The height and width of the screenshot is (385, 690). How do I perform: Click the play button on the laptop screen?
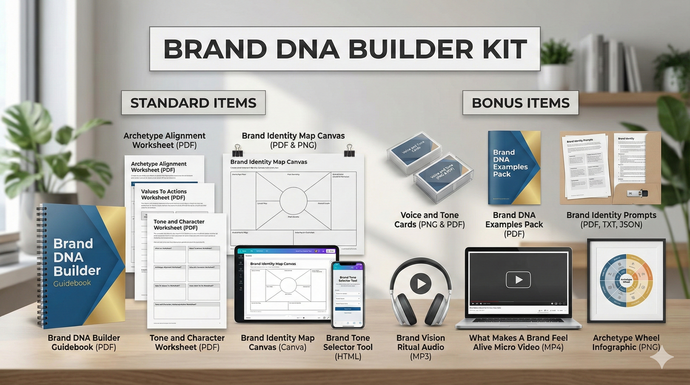click(x=518, y=280)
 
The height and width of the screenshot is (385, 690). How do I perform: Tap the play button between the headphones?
click(x=420, y=283)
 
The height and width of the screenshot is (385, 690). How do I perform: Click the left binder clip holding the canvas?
click(x=237, y=150)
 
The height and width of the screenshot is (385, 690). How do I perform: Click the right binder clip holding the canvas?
click(x=349, y=150)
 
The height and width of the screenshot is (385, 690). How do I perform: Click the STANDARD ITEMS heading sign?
click(x=193, y=103)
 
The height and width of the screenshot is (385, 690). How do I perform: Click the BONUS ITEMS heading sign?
click(x=520, y=103)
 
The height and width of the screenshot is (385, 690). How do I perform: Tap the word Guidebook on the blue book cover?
click(x=72, y=283)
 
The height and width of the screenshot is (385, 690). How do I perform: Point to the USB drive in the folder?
click(x=638, y=193)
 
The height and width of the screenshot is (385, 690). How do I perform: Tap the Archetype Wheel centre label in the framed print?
click(x=626, y=280)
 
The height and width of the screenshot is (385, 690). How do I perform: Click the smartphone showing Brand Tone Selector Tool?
click(x=348, y=295)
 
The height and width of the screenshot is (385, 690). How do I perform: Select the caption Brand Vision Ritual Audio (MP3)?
click(x=420, y=347)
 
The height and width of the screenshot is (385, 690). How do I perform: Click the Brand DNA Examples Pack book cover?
click(x=514, y=167)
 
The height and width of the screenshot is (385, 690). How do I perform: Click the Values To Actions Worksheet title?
click(x=164, y=194)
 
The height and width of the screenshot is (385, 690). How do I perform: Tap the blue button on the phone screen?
click(x=348, y=309)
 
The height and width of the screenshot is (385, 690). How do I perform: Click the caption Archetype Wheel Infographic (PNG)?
click(x=626, y=342)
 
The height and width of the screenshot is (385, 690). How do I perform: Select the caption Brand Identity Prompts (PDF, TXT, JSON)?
click(x=611, y=220)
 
